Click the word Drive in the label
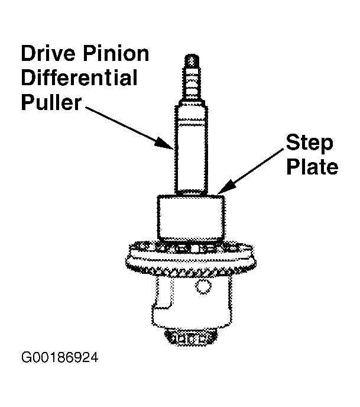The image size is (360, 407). pyautogui.click(x=48, y=53)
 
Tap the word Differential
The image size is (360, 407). pyautogui.click(x=79, y=77)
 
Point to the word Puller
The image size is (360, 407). pyautogui.click(x=51, y=102)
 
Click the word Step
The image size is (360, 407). pyautogui.click(x=309, y=143)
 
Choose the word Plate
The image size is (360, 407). pyautogui.click(x=312, y=166)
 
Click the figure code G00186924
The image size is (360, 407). pyautogui.click(x=60, y=357)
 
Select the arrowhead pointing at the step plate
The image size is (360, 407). pyautogui.click(x=226, y=188)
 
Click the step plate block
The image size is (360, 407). pyautogui.click(x=191, y=218)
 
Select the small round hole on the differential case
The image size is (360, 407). pyautogui.click(x=203, y=287)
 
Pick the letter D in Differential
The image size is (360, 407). pyautogui.click(x=27, y=77)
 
